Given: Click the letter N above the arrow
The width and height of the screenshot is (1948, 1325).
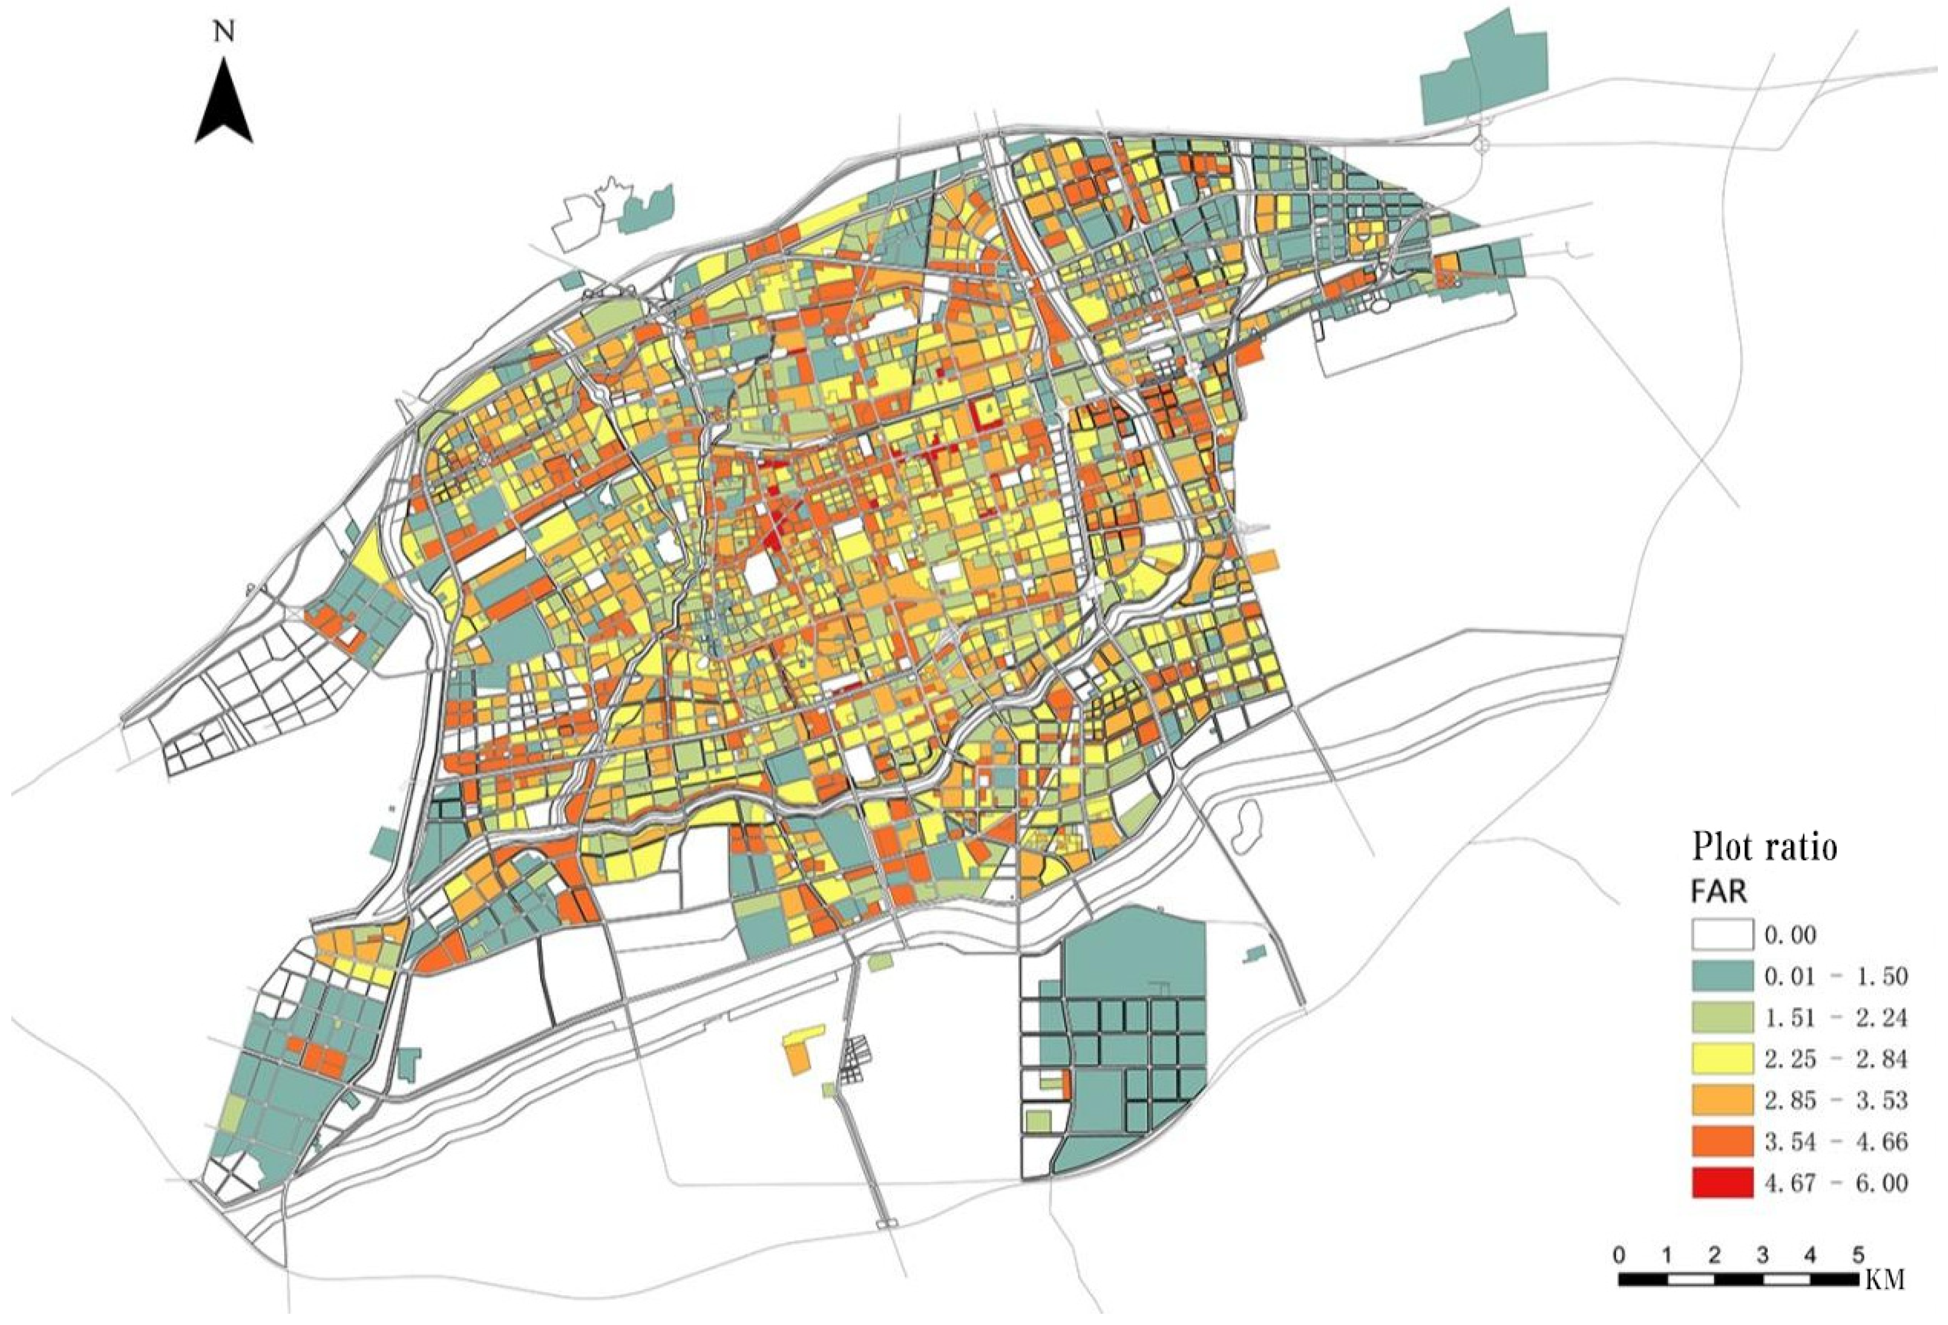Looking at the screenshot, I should point(223,32).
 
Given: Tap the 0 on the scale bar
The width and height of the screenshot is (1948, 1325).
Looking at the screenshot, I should point(1618,1255).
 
